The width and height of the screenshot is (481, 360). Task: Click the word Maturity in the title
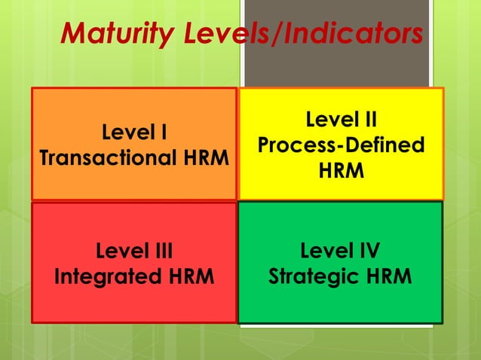pyautogui.click(x=112, y=34)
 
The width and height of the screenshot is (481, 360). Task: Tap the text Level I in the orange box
pyautogui.click(x=134, y=133)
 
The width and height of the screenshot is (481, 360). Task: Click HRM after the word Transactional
pyautogui.click(x=208, y=159)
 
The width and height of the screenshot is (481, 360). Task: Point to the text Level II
pyautogui.click(x=341, y=120)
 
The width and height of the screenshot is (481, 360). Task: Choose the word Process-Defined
pyautogui.click(x=341, y=145)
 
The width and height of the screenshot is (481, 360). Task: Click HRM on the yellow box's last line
pyautogui.click(x=341, y=172)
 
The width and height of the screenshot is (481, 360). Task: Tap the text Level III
pyautogui.click(x=134, y=250)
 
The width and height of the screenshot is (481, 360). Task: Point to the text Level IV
pyautogui.click(x=341, y=250)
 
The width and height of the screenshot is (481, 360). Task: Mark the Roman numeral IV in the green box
pyautogui.click(x=368, y=250)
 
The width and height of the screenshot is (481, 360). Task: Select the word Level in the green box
pyautogui.click(x=325, y=250)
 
